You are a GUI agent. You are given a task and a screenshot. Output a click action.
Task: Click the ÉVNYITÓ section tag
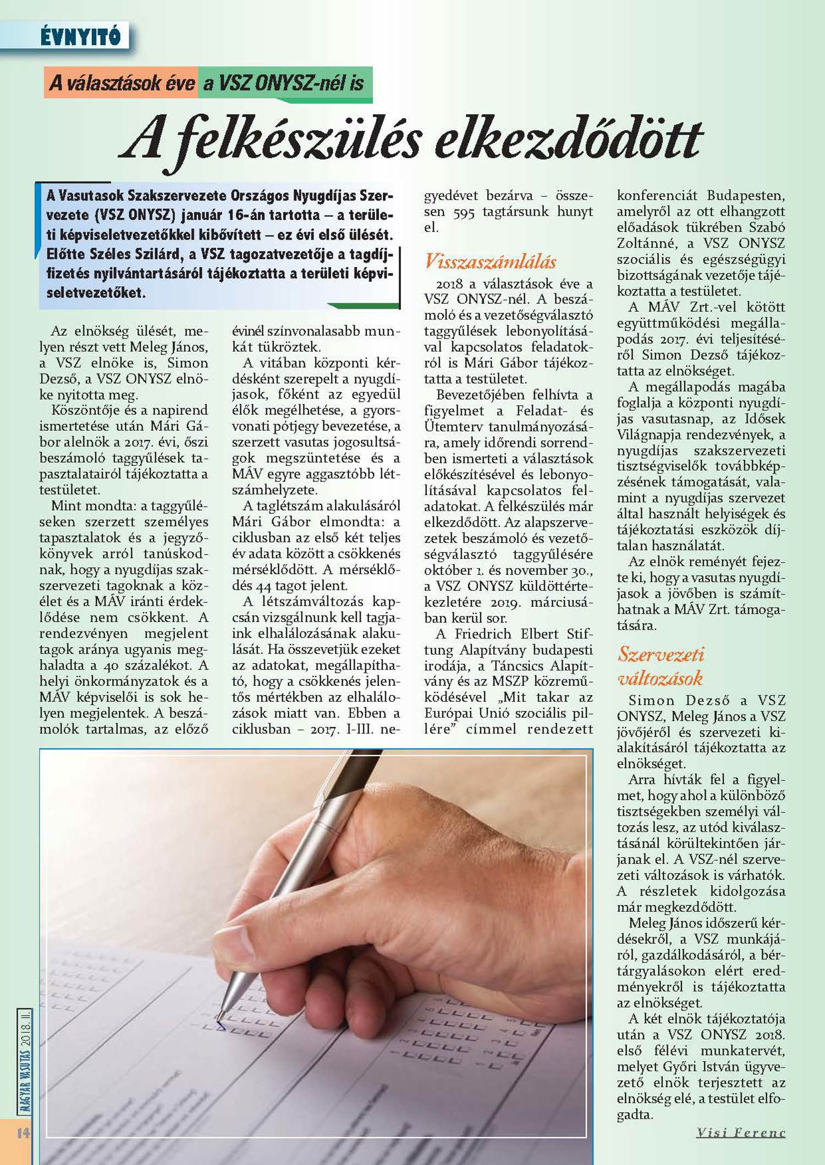tap(80, 37)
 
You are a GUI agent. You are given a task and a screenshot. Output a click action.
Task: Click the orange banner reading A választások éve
tap(122, 83)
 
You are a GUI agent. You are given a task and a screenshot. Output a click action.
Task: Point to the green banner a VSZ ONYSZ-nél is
tap(284, 84)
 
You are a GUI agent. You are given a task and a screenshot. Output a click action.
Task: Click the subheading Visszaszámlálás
tap(490, 262)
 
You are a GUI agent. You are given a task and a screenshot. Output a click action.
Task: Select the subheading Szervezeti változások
tap(661, 666)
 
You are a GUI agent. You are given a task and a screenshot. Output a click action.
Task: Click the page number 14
tap(23, 1133)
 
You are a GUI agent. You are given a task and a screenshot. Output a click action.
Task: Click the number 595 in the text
tap(464, 212)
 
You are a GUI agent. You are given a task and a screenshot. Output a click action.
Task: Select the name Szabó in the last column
tap(767, 228)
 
